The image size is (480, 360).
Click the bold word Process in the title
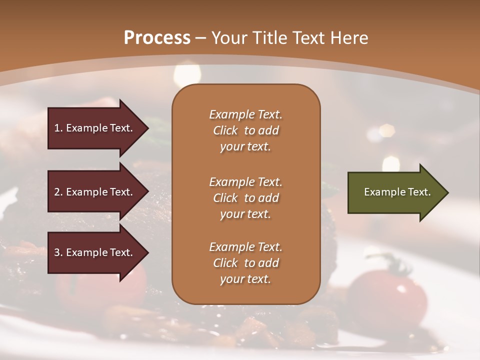point(157,37)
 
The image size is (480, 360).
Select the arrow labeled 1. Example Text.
point(95,128)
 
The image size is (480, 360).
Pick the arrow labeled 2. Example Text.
point(95,192)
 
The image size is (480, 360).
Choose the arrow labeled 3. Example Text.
point(95,252)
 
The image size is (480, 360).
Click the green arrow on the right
point(395,192)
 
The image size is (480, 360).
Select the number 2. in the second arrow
point(58,192)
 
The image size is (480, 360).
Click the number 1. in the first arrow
point(58,128)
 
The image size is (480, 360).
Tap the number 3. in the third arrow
point(58,252)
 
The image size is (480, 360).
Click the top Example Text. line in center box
point(245,114)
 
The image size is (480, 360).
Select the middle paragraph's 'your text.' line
point(245,214)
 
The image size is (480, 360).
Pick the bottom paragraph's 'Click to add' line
point(245,263)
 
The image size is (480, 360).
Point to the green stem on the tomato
point(387,262)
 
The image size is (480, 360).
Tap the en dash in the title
point(201,38)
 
